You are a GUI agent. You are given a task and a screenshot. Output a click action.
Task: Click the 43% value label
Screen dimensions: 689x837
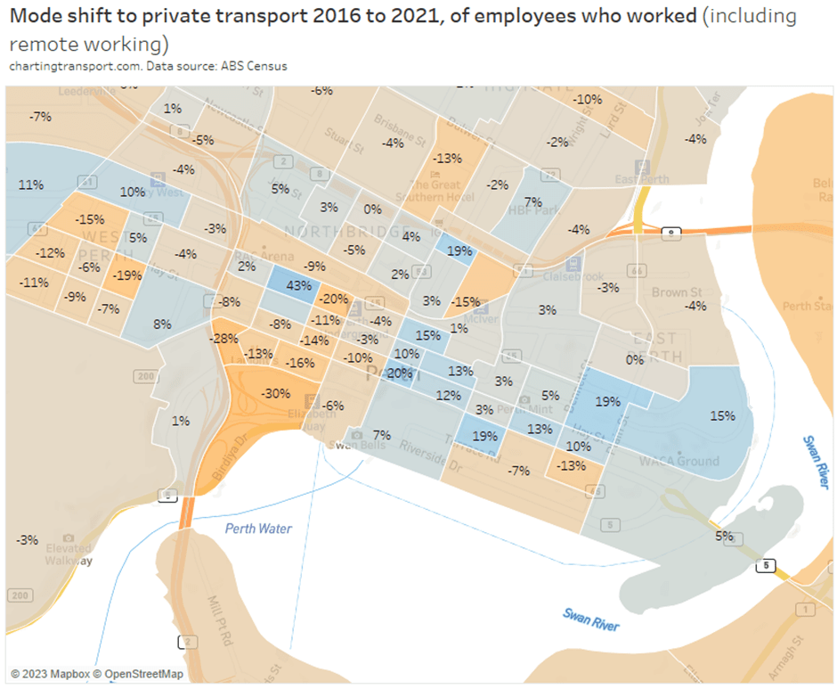click(x=299, y=285)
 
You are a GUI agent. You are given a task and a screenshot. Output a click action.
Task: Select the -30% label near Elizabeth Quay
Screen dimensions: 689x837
click(x=275, y=393)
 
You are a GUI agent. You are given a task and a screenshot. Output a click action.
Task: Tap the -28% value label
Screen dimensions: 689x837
click(x=223, y=339)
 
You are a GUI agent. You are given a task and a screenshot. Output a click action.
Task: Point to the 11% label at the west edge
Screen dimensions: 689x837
click(x=30, y=185)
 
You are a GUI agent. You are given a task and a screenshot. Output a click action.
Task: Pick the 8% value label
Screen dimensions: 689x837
click(x=161, y=324)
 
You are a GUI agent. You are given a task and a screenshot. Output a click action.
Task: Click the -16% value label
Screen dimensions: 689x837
click(x=300, y=363)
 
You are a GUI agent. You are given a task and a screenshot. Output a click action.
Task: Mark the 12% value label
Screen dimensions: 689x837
click(x=448, y=395)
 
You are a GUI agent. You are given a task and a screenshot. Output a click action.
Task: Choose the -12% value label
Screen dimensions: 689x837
click(x=50, y=253)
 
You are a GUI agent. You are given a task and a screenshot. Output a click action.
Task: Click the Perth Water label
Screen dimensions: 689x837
click(x=258, y=529)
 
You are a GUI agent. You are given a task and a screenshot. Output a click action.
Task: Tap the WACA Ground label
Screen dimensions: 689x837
click(x=679, y=461)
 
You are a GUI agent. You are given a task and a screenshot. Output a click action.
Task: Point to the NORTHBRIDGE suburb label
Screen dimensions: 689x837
click(x=331, y=231)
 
